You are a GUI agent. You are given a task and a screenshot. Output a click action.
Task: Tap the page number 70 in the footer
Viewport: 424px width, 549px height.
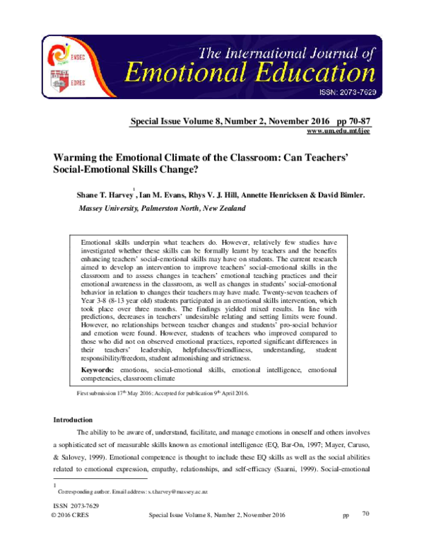(365, 514)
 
